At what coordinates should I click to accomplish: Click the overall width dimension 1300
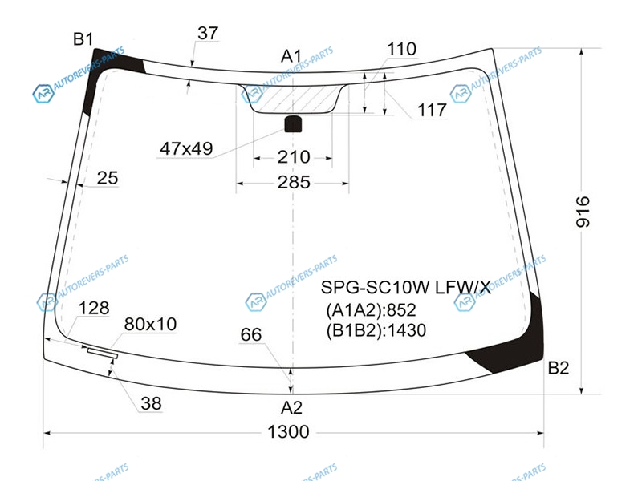[288, 431]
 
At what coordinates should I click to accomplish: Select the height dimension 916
[583, 212]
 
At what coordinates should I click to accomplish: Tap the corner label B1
[83, 39]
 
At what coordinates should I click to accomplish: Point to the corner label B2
[559, 368]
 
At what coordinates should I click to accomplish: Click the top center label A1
[291, 56]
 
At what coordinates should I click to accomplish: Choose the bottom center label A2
[291, 407]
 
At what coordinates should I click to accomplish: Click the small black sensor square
[293, 124]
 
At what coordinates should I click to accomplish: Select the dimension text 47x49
[186, 148]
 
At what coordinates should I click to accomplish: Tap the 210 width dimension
[294, 157]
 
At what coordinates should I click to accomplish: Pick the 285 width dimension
[294, 183]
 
